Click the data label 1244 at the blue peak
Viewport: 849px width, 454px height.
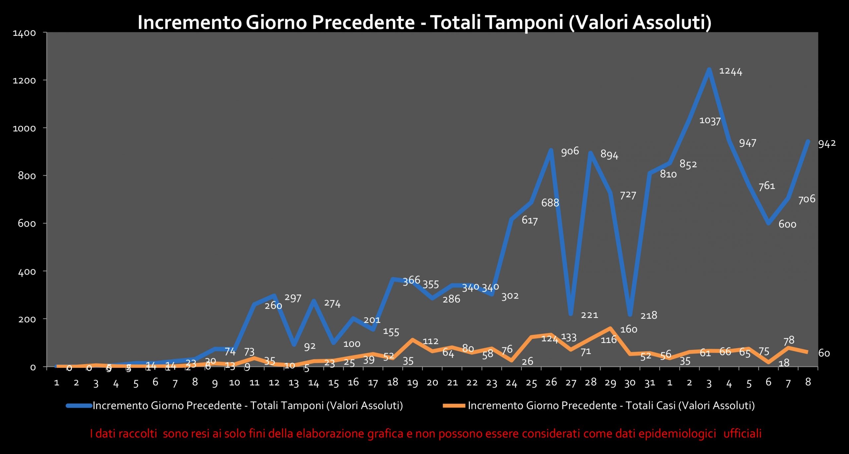(730, 71)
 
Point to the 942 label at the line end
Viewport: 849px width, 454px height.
(827, 144)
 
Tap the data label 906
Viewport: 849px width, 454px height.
(570, 151)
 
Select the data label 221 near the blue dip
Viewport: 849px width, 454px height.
(589, 315)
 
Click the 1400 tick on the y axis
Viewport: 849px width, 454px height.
(24, 33)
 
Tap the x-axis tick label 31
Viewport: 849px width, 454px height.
(649, 383)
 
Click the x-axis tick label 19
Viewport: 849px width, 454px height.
(412, 383)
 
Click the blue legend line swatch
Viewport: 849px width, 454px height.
(79, 406)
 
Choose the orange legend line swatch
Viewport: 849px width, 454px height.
(454, 406)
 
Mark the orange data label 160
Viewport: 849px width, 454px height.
(628, 329)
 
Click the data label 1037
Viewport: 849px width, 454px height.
(710, 120)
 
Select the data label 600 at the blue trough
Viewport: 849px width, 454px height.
(787, 225)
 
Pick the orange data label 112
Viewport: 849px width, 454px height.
(430, 341)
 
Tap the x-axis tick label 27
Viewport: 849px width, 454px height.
(570, 383)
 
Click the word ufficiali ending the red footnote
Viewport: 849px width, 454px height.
(742, 433)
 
